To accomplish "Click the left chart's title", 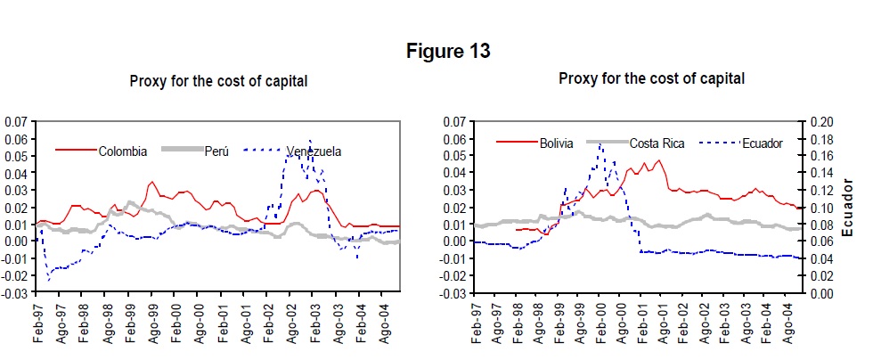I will click(x=218, y=81).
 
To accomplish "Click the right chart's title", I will click(x=652, y=78).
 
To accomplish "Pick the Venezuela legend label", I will click(x=314, y=151).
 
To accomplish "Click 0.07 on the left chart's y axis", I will click(x=16, y=121).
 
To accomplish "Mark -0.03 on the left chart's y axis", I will click(x=15, y=292).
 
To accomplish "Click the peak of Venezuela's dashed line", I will click(x=310, y=140).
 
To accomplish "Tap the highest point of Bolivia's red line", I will click(x=659, y=160).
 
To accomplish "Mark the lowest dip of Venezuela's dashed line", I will click(x=48, y=281).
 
